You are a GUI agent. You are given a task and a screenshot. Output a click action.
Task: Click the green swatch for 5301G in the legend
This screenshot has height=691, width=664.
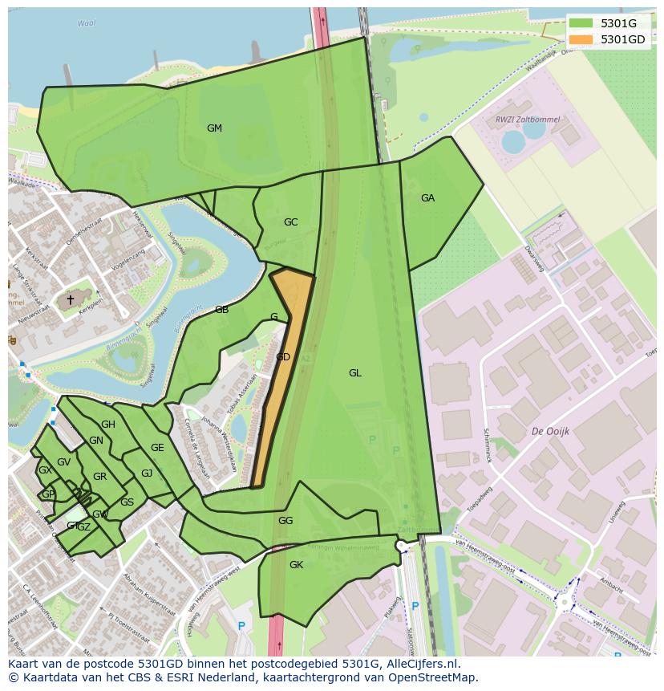pyautogui.click(x=581, y=24)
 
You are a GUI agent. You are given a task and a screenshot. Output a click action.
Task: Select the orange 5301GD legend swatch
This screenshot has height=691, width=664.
pyautogui.click(x=581, y=39)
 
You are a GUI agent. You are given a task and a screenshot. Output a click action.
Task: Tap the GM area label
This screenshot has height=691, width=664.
pyautogui.click(x=214, y=128)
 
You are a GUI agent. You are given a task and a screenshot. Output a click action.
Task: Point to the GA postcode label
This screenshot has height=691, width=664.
pyautogui.click(x=427, y=198)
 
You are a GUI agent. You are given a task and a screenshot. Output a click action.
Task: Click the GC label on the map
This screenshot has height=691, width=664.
pyautogui.click(x=290, y=222)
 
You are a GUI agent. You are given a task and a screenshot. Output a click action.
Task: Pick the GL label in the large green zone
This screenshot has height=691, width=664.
pyautogui.click(x=354, y=373)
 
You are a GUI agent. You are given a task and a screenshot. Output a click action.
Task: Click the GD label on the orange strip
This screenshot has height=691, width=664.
pyautogui.click(x=282, y=357)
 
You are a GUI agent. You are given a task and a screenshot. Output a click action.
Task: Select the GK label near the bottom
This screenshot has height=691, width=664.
pyautogui.click(x=296, y=565)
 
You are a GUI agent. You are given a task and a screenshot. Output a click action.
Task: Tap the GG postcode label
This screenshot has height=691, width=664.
pyautogui.click(x=285, y=521)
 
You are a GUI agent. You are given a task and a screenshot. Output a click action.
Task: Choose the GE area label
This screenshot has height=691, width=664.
pyautogui.click(x=157, y=448)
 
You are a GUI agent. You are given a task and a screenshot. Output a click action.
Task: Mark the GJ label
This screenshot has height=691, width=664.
pyautogui.click(x=147, y=474)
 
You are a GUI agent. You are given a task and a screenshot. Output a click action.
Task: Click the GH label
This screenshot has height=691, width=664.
pyautogui.click(x=107, y=425)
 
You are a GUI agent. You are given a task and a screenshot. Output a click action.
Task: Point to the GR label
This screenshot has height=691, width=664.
pyautogui.click(x=99, y=477)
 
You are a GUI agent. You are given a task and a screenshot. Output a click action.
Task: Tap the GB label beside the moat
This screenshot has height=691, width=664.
pyautogui.click(x=221, y=310)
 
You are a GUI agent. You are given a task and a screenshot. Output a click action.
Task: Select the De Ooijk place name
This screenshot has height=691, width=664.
pyautogui.click(x=550, y=431)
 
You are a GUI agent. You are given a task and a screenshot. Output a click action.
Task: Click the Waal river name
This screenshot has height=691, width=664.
pyautogui.click(x=86, y=24)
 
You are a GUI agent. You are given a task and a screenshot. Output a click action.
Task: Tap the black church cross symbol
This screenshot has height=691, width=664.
pyautogui.click(x=70, y=300)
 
